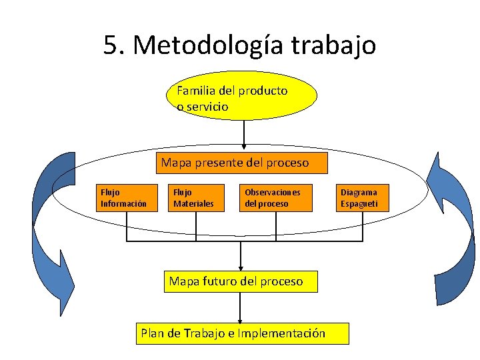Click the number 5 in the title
(x=111, y=45)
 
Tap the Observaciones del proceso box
(x=276, y=198)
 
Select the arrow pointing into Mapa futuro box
(x=241, y=257)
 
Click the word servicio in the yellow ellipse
(x=207, y=107)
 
